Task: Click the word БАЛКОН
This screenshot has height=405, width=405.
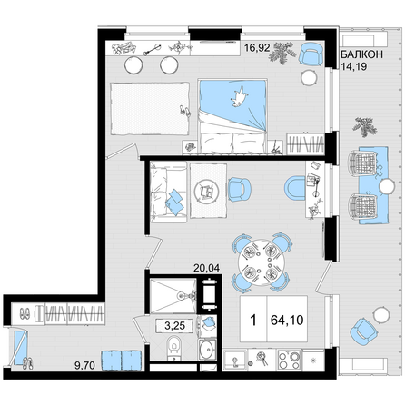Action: (x=361, y=54)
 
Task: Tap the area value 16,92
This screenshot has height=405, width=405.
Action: (x=257, y=47)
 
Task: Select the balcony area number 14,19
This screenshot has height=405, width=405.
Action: (x=354, y=66)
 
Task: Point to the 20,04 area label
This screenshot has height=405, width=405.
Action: (x=207, y=268)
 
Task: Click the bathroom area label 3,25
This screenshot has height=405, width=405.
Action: (x=174, y=326)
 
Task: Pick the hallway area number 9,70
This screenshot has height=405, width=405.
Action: (x=84, y=366)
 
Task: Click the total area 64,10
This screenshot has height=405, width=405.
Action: (x=287, y=320)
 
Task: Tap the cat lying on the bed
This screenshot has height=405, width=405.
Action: (x=240, y=97)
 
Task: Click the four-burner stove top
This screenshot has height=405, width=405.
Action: (x=290, y=361)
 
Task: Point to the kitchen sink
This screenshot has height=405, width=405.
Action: (x=235, y=361)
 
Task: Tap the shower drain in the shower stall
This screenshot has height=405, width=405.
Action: (x=182, y=295)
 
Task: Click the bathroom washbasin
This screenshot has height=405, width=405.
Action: (x=207, y=350)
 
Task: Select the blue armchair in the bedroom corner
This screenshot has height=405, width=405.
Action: (x=311, y=54)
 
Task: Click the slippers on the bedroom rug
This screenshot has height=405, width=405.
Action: (x=184, y=111)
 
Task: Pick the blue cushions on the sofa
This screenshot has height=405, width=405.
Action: (x=174, y=202)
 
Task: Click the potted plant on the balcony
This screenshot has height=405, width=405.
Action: (x=365, y=127)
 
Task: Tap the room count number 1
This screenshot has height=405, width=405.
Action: (x=253, y=320)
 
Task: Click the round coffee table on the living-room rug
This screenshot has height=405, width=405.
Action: (x=205, y=192)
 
